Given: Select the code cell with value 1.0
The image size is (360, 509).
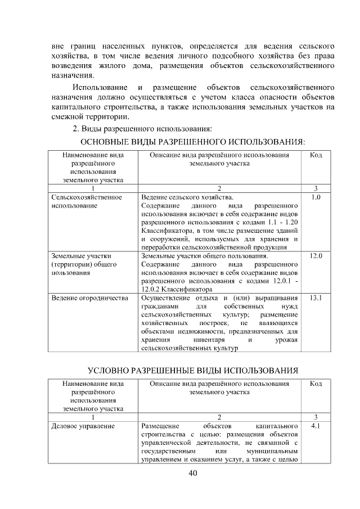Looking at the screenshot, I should (x=316, y=198).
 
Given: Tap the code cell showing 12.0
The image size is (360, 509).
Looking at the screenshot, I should (x=316, y=256).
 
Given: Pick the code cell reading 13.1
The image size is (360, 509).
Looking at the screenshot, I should (x=316, y=298).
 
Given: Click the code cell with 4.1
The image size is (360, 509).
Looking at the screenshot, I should (x=316, y=426).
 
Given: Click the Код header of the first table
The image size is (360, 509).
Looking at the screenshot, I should (x=316, y=154).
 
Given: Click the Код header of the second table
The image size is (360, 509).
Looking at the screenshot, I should (x=316, y=384).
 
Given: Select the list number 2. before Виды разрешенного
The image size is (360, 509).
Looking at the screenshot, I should (x=84, y=129).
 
